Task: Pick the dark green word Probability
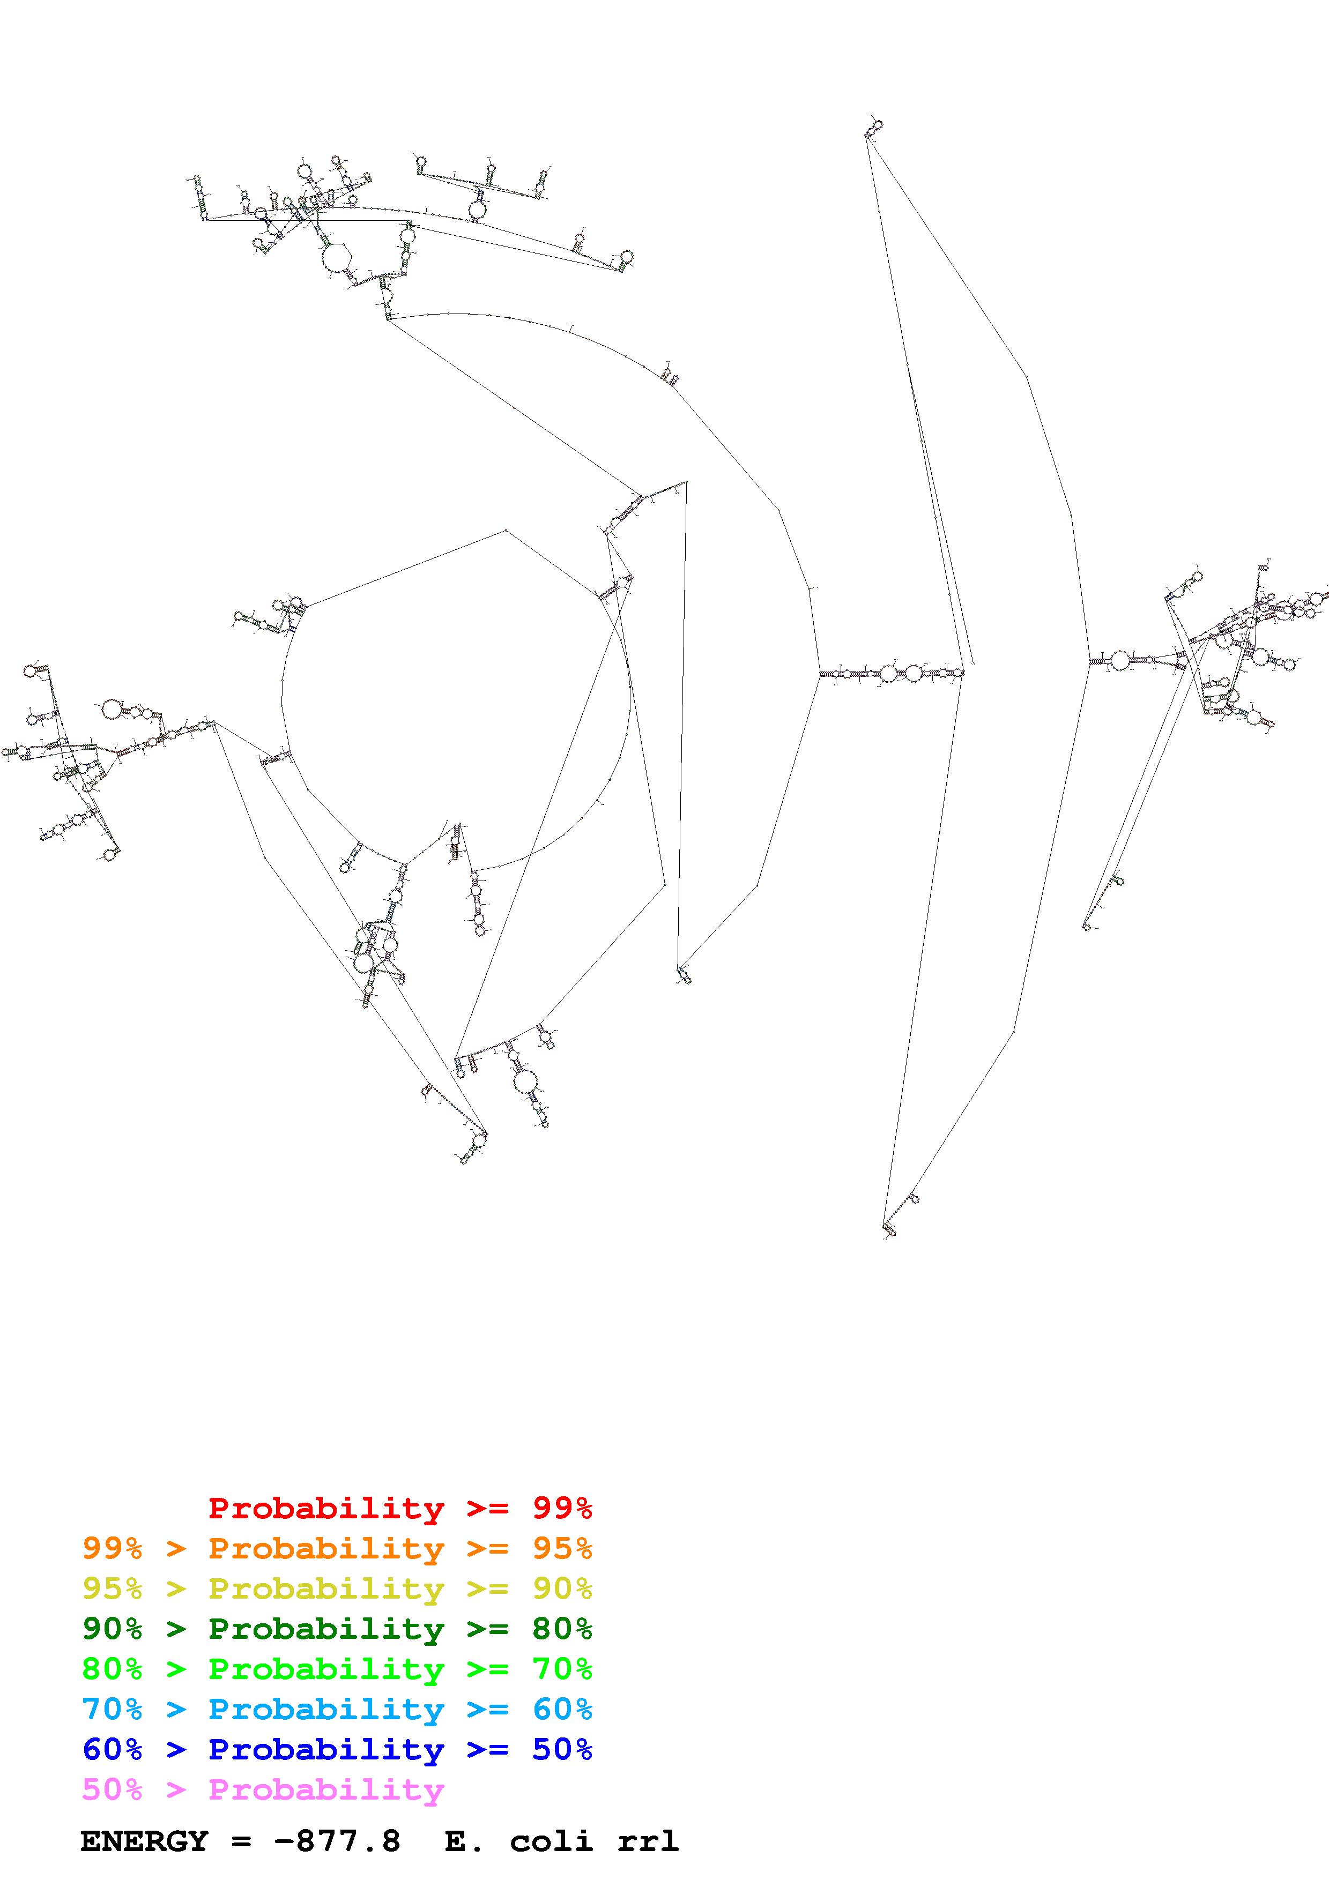point(326,1629)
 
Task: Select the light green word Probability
point(326,1669)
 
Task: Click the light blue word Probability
point(326,1709)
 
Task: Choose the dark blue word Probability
point(326,1749)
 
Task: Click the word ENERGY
point(144,1841)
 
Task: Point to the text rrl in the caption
point(648,1841)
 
